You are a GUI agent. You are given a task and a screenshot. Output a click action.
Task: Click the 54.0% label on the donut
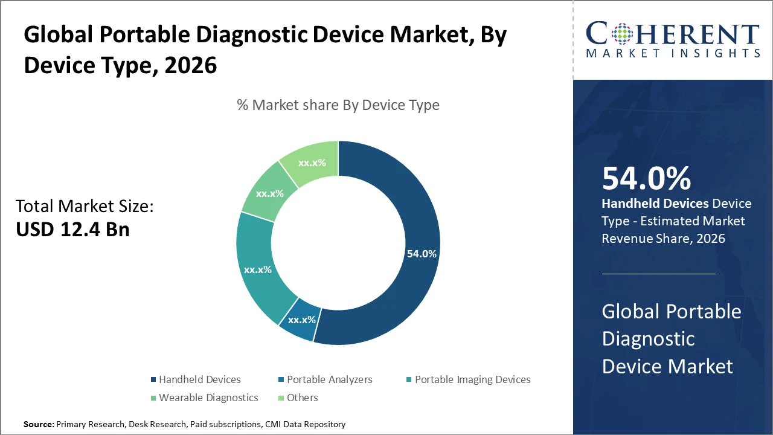421,254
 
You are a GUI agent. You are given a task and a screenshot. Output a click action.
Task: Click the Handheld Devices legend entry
199,379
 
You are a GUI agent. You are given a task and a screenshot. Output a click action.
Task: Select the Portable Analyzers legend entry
329,379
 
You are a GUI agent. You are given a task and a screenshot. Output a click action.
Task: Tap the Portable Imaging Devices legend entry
472,379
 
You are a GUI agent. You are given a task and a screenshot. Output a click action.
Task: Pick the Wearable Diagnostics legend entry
208,398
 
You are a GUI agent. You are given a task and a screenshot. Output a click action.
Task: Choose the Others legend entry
303,398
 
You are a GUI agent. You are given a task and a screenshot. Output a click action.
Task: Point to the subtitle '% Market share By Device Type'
338,105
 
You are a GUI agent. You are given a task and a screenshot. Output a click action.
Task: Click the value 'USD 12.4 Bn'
72,230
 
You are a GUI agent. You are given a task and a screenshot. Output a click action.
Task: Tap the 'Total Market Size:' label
85,207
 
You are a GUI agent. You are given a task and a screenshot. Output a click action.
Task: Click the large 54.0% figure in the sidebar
646,178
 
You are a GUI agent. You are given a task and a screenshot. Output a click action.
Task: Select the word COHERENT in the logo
672,34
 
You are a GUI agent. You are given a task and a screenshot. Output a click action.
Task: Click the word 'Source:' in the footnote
39,425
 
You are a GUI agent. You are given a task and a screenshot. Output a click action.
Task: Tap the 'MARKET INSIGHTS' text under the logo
672,54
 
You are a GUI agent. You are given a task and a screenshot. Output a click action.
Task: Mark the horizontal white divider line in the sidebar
659,274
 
